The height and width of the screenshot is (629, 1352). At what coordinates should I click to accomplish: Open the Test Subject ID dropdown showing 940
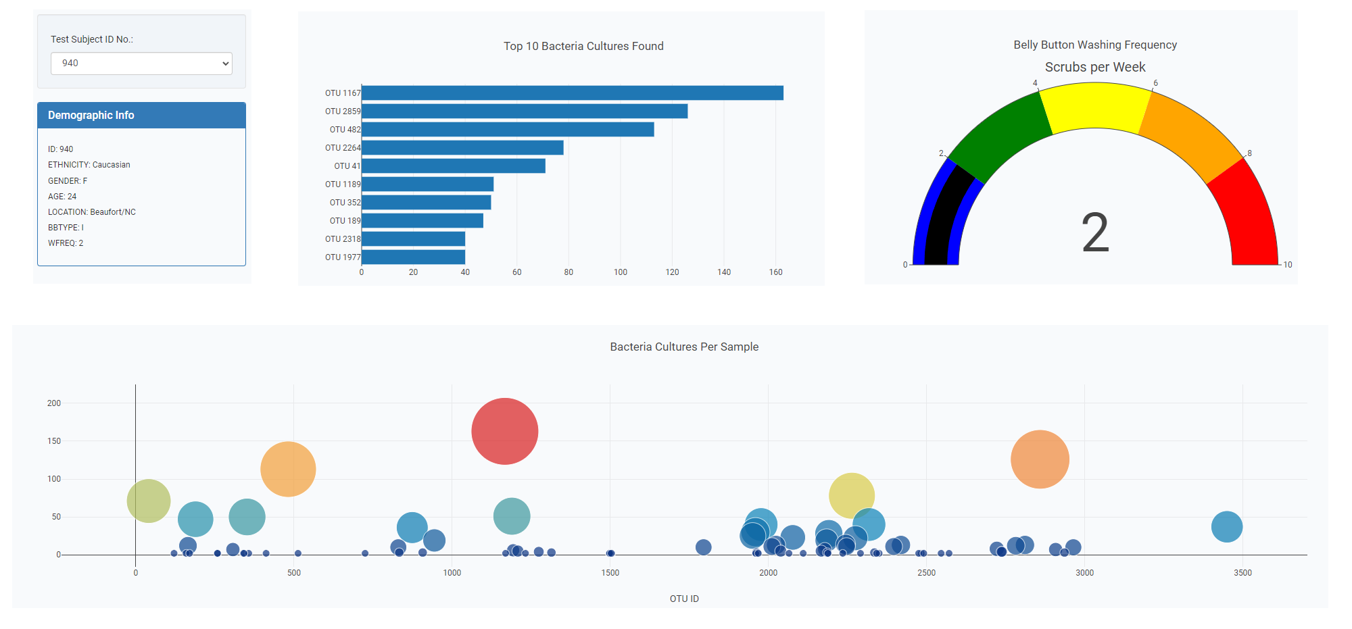(141, 64)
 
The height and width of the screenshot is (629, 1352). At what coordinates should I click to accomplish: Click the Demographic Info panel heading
(91, 116)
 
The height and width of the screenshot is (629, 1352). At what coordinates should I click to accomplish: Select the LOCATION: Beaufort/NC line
(92, 212)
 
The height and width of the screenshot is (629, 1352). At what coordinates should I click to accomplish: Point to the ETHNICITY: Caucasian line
(89, 165)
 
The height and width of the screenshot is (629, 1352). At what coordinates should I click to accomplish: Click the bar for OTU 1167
(572, 93)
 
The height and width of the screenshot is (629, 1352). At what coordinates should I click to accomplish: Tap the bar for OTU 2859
(525, 111)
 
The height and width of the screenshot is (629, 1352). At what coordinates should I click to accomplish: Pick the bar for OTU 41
(453, 166)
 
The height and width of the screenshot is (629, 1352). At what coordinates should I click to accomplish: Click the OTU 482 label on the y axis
(345, 130)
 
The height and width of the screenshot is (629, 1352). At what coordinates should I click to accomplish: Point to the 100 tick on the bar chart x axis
(621, 272)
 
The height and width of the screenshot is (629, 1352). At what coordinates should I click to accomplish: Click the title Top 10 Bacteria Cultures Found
(583, 46)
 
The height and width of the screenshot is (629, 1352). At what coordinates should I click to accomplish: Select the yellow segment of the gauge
(1095, 105)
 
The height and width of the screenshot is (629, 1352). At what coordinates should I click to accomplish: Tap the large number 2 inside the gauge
(1095, 232)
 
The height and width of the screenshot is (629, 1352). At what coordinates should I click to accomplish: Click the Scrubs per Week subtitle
(1095, 67)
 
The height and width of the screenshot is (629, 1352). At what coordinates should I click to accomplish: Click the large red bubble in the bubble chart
(504, 431)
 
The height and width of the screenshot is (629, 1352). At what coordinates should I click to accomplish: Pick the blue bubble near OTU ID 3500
(1226, 527)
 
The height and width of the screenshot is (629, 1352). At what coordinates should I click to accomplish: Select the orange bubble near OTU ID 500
(288, 469)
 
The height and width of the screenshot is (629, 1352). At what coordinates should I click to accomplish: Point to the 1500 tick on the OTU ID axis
(610, 573)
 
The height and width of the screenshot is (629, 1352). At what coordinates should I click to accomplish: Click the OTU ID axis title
(684, 599)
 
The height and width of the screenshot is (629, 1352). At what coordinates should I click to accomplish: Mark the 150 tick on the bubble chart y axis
(54, 441)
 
